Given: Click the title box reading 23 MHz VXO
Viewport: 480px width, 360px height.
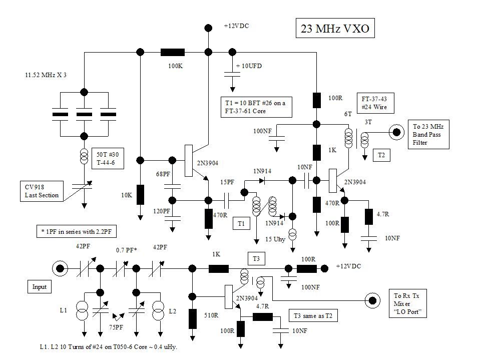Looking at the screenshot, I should pos(335,29).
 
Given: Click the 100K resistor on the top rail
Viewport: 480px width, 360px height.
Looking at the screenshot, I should pos(172,52).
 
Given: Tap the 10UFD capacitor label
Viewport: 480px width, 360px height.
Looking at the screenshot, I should pos(249,66).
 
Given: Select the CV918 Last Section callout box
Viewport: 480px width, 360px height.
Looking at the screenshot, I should pos(42,192).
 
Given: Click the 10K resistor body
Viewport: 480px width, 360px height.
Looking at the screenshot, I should pos(140,194).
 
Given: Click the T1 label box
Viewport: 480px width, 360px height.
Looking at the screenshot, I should pos(241,224).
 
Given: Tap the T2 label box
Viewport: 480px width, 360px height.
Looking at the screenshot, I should pos(381,156).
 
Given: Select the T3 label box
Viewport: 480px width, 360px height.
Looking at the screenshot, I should pos(256,258).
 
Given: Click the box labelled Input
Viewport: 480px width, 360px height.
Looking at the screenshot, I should pos(39,287).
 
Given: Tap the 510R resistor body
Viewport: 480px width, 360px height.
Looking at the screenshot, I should pos(192,318).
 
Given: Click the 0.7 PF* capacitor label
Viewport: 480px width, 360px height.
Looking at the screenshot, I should pos(126,250).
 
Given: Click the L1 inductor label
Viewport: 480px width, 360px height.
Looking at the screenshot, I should pos(63,311).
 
